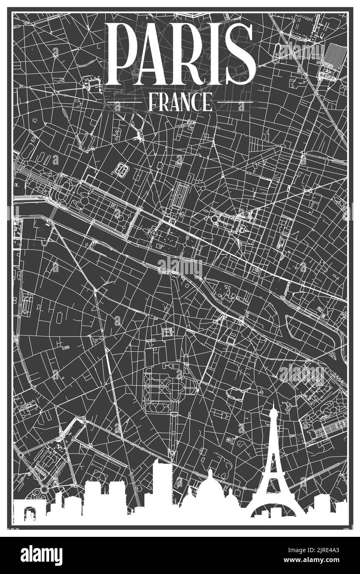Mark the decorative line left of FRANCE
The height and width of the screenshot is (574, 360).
[x=124, y=102]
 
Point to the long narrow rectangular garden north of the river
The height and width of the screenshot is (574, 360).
[x=181, y=194]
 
